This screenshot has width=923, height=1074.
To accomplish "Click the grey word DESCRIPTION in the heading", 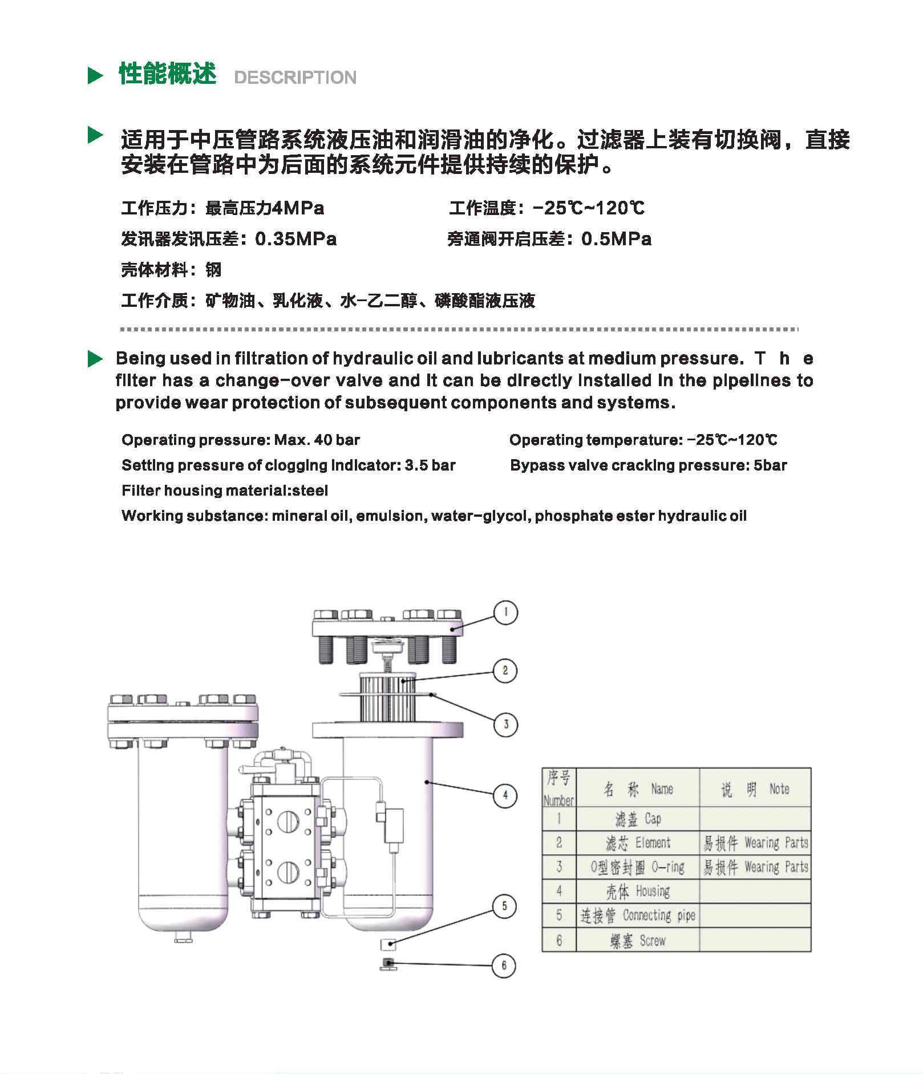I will click(295, 78).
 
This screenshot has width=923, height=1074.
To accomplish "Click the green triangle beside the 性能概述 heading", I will click(95, 75).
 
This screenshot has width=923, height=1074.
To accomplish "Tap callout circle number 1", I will click(505, 613).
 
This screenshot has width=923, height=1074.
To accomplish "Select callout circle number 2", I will click(505, 671).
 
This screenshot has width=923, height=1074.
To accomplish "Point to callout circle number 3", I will click(505, 724).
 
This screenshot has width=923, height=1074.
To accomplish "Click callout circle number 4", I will click(505, 795).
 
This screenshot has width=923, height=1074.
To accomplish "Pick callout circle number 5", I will click(504, 906).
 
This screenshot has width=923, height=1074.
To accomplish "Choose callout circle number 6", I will click(504, 965).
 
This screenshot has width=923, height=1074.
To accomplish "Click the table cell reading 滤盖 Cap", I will click(638, 819).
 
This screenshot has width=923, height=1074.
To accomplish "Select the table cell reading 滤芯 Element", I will click(638, 843).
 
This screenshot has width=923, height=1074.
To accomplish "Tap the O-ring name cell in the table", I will click(638, 868).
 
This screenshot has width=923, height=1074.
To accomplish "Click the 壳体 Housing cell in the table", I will click(638, 891).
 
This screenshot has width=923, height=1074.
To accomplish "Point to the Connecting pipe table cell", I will click(638, 915).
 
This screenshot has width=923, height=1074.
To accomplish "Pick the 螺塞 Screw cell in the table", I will click(638, 941).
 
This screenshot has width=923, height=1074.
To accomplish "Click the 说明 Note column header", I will click(755, 789).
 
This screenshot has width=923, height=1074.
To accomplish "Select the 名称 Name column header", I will click(638, 789).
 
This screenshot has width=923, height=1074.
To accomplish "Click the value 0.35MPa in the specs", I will click(295, 239).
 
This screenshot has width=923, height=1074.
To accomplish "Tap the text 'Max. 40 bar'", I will click(317, 440).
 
